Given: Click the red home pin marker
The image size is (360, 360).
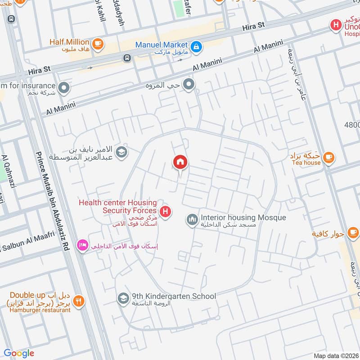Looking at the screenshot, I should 180,162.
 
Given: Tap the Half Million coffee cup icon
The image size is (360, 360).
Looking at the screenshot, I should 98,44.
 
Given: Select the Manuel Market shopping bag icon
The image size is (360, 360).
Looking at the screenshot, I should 196,46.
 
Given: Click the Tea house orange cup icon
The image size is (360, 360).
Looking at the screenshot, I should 329,157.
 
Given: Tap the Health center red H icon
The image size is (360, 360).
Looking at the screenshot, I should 166,211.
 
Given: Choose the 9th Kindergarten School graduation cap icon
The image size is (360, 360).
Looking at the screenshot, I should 122,298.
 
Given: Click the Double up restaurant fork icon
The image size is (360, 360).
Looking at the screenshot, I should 79,301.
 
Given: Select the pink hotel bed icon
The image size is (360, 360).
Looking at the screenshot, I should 82,246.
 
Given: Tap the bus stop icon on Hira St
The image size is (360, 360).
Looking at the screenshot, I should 127,58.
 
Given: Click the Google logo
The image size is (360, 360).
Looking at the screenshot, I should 19,353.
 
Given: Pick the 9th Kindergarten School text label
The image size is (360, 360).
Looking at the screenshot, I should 174,296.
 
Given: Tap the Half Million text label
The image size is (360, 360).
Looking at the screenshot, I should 69,42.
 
